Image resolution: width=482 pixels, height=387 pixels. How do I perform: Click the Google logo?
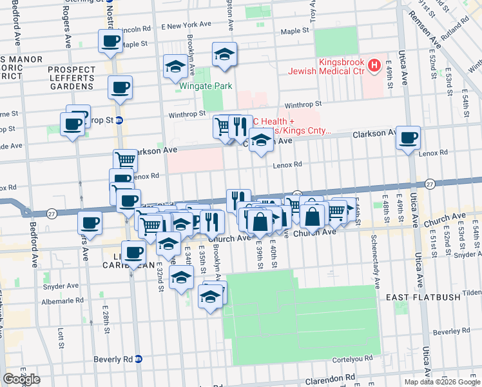(x=21, y=379)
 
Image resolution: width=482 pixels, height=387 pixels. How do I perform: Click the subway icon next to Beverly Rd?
(x=138, y=359)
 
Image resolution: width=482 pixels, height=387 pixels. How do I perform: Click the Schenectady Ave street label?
(x=374, y=261)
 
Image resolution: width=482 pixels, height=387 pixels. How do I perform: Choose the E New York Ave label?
(x=186, y=25)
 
